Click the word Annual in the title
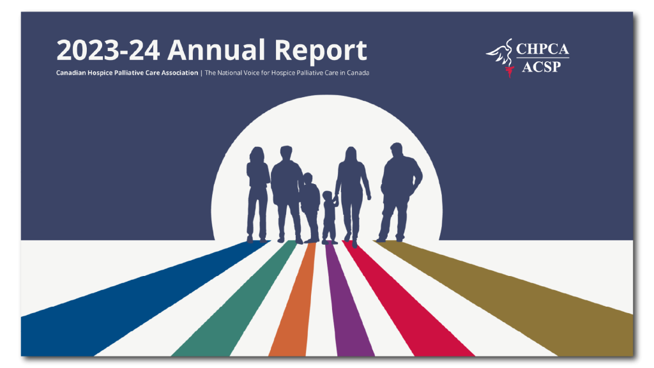coord(217,50)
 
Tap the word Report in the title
coord(321,51)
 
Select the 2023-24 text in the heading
coord(108,50)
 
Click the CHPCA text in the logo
coord(542,49)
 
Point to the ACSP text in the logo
coord(542,66)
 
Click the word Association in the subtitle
coord(179,73)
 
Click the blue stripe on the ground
coord(125,300)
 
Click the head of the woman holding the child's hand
coord(351,154)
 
